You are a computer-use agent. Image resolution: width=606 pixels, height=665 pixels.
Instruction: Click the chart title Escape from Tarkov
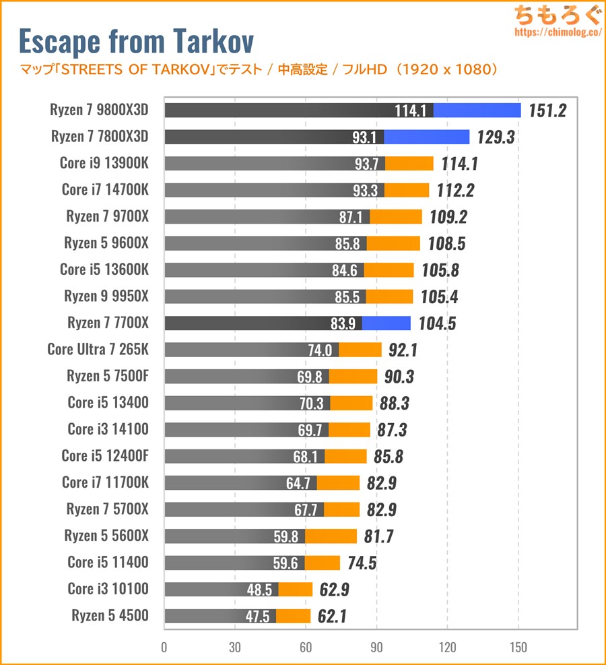coord(136,42)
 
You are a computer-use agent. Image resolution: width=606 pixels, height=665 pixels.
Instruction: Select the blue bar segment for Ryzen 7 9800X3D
coord(477,110)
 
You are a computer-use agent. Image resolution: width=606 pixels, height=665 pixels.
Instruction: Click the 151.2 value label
coord(547,110)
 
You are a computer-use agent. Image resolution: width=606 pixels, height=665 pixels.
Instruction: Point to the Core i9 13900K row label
coord(104,164)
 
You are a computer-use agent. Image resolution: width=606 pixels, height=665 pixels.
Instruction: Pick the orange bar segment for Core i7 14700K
coord(407,191)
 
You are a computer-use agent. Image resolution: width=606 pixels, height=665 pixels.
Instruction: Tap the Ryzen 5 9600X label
coord(106,243)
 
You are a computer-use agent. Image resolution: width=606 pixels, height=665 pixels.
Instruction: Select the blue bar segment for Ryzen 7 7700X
coord(386,323)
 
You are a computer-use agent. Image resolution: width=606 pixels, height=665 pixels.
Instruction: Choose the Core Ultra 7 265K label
coord(98,350)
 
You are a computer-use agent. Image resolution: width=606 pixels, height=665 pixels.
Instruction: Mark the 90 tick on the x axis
coord(376,647)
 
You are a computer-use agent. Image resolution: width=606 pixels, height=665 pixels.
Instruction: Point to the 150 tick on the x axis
coord(518,647)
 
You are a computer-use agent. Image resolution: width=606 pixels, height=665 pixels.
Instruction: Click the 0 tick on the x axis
coord(164,647)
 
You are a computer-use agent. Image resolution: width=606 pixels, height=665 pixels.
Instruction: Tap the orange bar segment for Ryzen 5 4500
coord(293,616)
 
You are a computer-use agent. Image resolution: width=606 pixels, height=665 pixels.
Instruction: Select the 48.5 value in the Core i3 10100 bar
coord(260,590)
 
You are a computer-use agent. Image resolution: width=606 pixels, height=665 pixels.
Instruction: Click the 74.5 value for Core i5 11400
coord(362,563)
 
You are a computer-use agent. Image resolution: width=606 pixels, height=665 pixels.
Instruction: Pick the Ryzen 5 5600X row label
coord(106,536)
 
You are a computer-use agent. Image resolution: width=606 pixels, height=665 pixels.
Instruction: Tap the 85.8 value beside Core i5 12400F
coord(389,457)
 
